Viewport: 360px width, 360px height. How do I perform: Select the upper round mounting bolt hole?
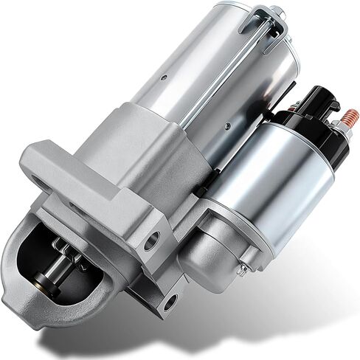point(152,240)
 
